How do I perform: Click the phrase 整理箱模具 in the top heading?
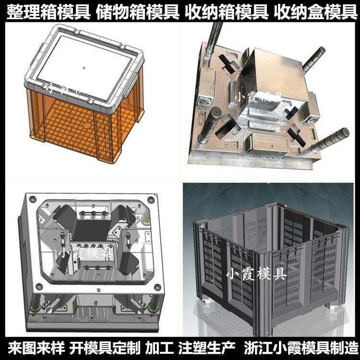tap(48, 12)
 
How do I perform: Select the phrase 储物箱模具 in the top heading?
tap(138, 12)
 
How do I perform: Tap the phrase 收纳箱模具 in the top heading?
tap(227, 12)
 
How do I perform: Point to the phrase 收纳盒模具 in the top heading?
tap(316, 12)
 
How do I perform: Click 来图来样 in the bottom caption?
tap(36, 348)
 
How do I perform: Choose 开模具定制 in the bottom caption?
tap(105, 348)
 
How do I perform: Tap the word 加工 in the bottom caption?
tap(159, 348)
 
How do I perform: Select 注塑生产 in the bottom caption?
tap(207, 348)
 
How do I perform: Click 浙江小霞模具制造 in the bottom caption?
tap(301, 348)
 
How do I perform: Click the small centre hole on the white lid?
tap(84, 68)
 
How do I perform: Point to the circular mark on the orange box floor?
tap(87, 125)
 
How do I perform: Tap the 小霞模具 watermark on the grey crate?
tap(257, 274)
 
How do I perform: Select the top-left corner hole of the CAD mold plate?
tap(33, 199)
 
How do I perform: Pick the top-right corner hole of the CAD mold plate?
tap(150, 200)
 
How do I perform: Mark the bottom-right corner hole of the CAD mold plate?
tap(157, 287)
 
